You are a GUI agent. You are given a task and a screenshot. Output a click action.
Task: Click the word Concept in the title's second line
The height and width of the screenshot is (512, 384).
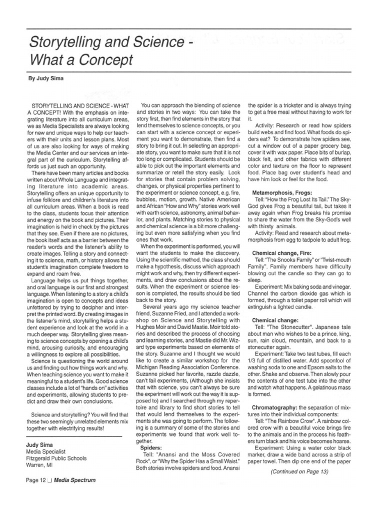106,61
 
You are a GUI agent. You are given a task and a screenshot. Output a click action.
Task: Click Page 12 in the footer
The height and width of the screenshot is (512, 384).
38,480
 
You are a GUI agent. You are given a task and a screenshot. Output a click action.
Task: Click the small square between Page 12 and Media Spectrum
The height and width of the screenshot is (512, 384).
55,480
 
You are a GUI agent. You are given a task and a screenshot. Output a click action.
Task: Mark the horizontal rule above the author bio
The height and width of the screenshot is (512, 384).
73,436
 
